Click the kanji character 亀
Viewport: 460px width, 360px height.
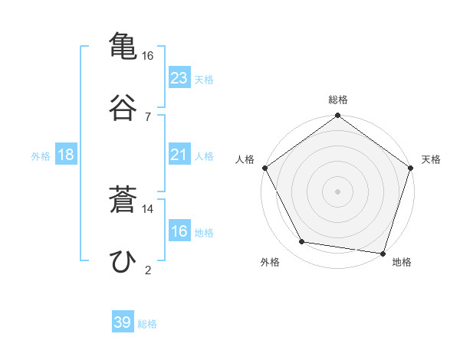[123, 45]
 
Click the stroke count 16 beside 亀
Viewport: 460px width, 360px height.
[147, 56]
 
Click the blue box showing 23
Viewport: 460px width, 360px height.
[179, 77]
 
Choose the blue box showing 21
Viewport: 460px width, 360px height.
[179, 155]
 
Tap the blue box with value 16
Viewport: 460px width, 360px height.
[179, 231]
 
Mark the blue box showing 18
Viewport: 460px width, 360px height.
[66, 155]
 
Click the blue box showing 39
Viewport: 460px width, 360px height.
[123, 322]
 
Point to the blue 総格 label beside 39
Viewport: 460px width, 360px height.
[147, 324]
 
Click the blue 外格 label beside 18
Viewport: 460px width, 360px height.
[41, 156]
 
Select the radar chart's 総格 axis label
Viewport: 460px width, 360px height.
[338, 100]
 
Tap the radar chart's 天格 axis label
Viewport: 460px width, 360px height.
[432, 159]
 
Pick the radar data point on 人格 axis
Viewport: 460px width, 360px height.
[265, 168]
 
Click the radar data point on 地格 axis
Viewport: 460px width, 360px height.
[383, 253]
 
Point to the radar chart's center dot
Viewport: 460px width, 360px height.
[338, 191]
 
